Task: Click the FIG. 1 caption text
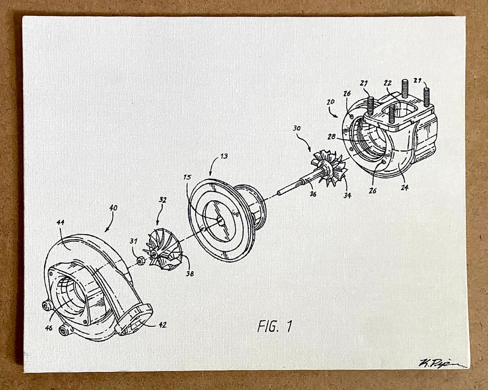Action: click(x=275, y=326)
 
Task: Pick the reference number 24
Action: click(x=404, y=187)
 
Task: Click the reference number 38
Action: click(x=190, y=273)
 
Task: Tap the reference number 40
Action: click(x=113, y=208)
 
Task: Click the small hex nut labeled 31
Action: click(x=140, y=260)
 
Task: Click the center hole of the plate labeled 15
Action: click(x=220, y=221)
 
